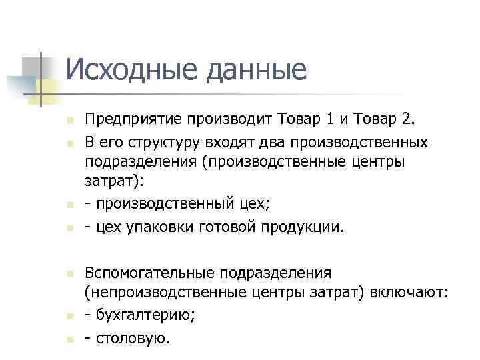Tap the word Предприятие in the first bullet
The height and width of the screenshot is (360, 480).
(x=133, y=121)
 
